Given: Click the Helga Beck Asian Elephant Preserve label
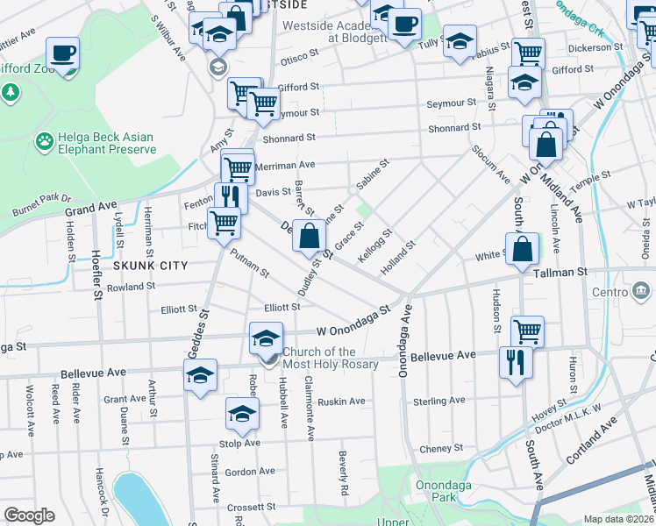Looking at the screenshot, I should click(x=106, y=144).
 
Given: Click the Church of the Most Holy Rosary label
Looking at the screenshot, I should click(x=331, y=358).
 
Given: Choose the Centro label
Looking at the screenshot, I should click(x=609, y=290).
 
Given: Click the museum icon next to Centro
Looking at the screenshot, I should click(x=642, y=290).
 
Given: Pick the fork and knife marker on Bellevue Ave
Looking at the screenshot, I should click(x=515, y=360).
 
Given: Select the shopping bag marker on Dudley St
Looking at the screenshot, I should click(x=309, y=236).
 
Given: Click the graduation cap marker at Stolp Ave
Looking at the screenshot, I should click(x=242, y=414).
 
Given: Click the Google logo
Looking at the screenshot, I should click(x=30, y=515).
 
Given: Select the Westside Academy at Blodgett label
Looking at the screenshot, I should click(x=333, y=32).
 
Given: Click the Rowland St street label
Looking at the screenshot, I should click(x=131, y=286).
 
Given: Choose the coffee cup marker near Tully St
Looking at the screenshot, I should click(x=403, y=25).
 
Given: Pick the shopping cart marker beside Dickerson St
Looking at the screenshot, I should click(x=527, y=53).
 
